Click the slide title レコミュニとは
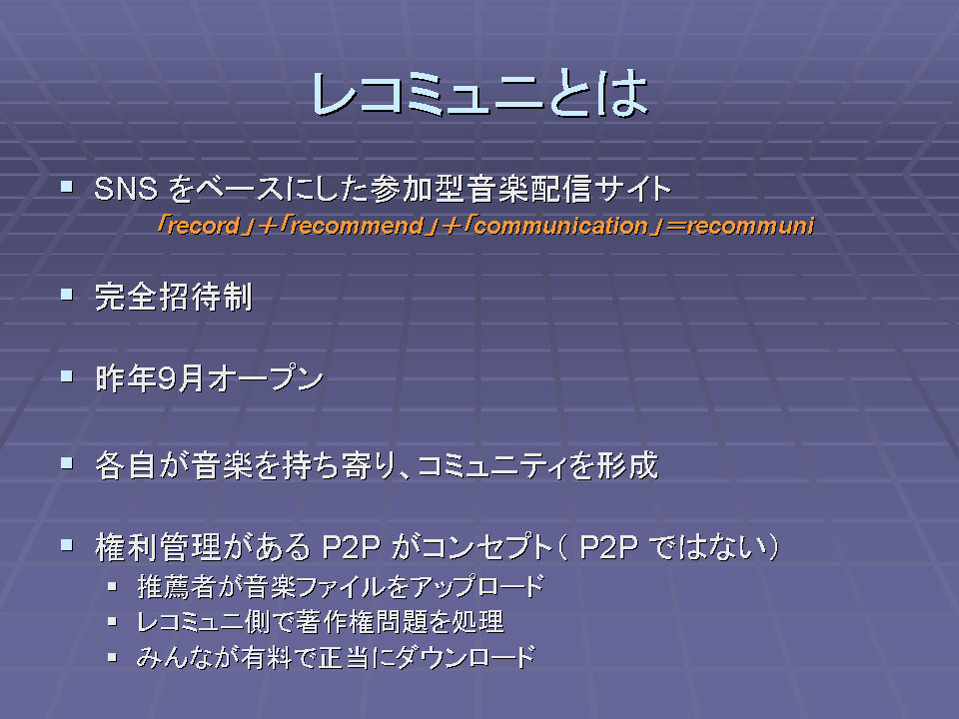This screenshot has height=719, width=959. (479, 94)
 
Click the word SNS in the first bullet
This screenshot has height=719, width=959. (126, 189)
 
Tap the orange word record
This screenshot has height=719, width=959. (204, 227)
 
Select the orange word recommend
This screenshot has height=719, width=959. (358, 227)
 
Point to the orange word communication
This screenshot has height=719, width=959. (560, 227)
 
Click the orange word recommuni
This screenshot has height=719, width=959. (750, 227)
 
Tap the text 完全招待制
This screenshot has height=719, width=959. (174, 298)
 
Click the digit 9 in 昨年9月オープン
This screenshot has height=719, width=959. (167, 379)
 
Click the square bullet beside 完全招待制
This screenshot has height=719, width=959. (67, 295)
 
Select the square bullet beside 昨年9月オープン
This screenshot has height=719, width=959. (67, 376)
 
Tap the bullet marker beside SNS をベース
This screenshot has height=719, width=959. (67, 186)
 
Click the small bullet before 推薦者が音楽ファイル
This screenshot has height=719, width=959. (112, 586)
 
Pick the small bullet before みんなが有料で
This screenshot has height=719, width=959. (112, 658)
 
